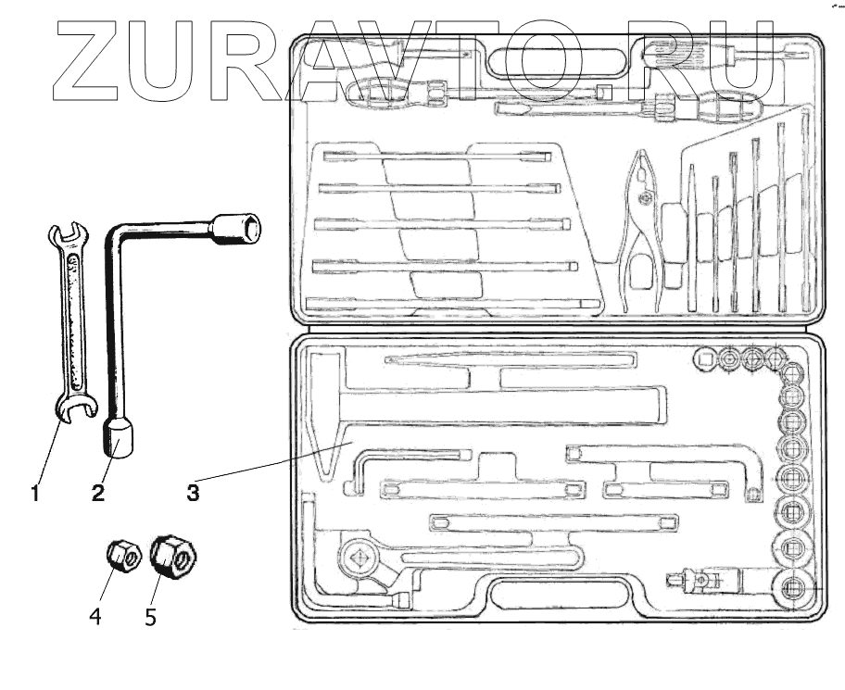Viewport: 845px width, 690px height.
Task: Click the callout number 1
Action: pos(35,493)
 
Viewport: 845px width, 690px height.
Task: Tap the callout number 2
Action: pos(98,493)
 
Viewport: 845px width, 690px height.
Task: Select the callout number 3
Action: pos(192,493)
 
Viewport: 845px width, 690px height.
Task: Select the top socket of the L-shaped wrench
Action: pos(236,227)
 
